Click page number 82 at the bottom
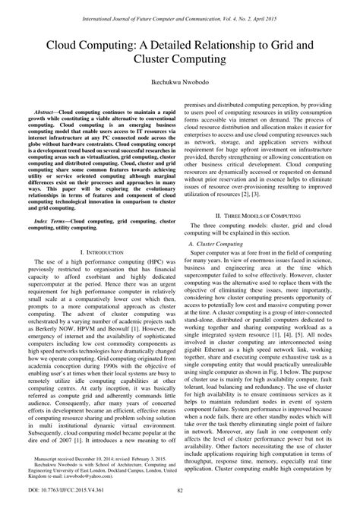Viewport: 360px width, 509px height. [x=180, y=496]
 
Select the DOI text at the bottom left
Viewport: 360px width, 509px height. [x=54, y=496]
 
